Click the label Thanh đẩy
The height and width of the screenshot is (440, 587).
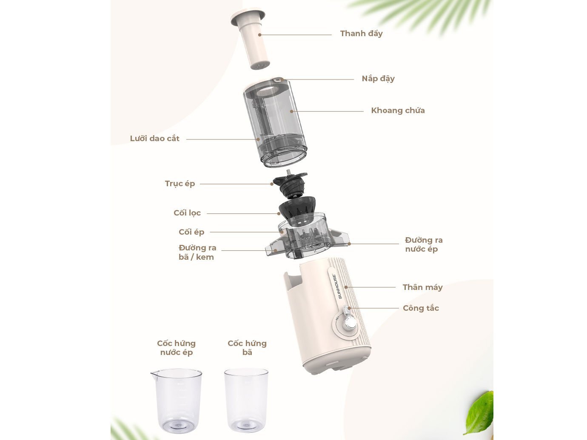[x=361, y=34]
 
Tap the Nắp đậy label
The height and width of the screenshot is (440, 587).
[x=378, y=79]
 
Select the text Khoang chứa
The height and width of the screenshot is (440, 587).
[x=398, y=111]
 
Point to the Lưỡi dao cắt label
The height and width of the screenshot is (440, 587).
[x=154, y=139]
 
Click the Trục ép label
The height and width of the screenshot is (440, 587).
[x=180, y=184]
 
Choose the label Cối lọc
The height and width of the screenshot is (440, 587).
[x=187, y=213]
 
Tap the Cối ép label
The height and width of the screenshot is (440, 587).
[x=191, y=232]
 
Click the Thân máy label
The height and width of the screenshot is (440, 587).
[x=422, y=287]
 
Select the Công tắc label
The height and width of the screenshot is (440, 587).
[x=421, y=308]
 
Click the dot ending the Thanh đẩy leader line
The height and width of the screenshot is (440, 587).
[x=259, y=35]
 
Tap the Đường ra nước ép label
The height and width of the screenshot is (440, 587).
[x=423, y=244]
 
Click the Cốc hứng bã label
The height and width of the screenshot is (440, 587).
[x=247, y=348]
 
